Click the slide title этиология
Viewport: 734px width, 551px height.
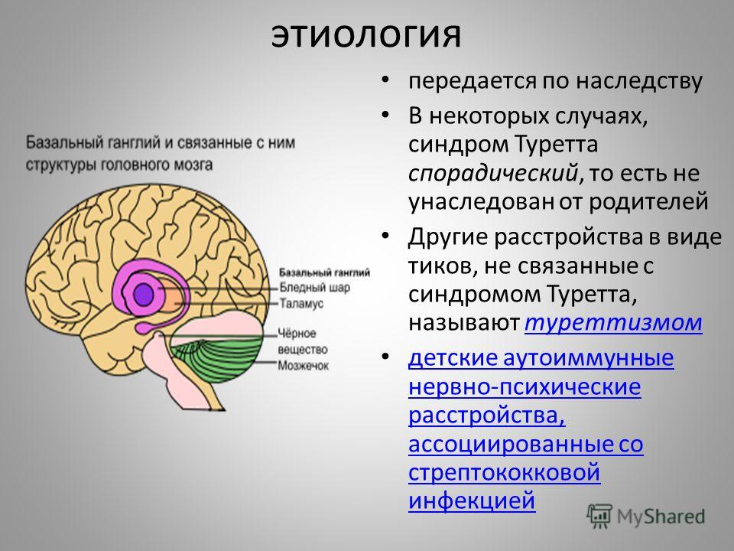coord(366,34)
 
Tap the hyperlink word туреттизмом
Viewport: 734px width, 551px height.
coord(613,323)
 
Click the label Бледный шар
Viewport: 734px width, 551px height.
coord(314,287)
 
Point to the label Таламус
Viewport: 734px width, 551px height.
coord(301,304)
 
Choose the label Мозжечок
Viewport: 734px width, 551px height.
coord(304,366)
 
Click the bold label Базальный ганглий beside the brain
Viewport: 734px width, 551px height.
coord(324,272)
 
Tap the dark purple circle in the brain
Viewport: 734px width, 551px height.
coord(143,294)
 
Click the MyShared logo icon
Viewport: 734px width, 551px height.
coord(599,517)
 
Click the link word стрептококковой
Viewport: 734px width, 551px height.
coord(504,472)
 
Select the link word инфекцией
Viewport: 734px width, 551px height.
coord(472,500)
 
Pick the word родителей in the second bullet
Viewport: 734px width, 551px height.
coord(648,202)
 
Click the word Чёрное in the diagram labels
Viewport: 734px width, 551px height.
coord(297,334)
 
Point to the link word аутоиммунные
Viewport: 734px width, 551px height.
coord(589,358)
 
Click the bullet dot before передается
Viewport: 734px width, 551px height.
coord(385,80)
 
